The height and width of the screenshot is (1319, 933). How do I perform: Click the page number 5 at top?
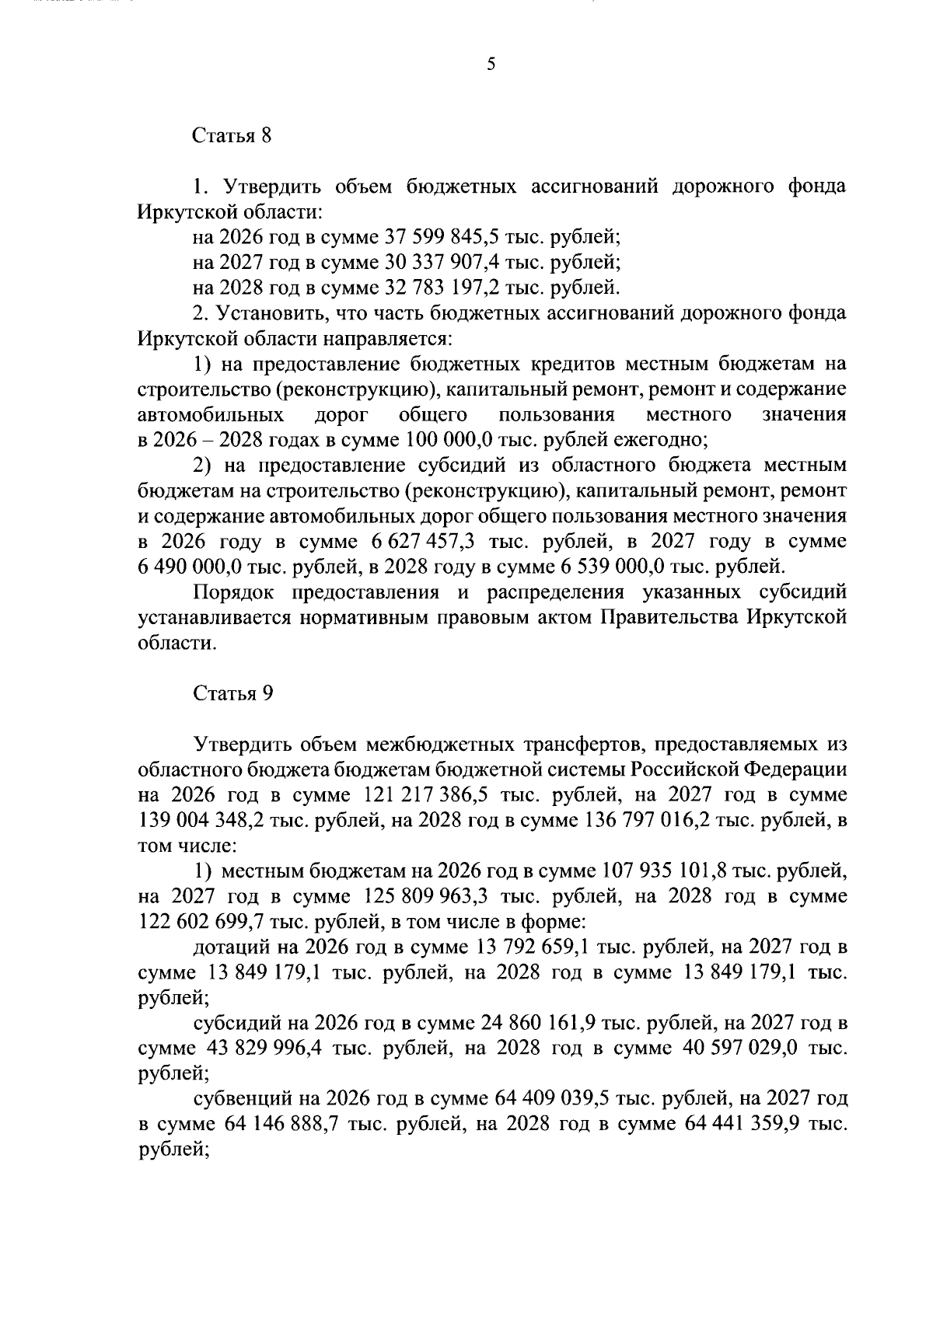(x=491, y=65)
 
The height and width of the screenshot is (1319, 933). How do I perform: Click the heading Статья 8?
(x=232, y=136)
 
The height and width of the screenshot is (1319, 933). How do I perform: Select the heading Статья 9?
(x=232, y=693)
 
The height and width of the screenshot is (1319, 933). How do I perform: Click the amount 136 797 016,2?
(x=658, y=821)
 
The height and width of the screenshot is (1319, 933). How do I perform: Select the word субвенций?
(x=236, y=1099)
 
